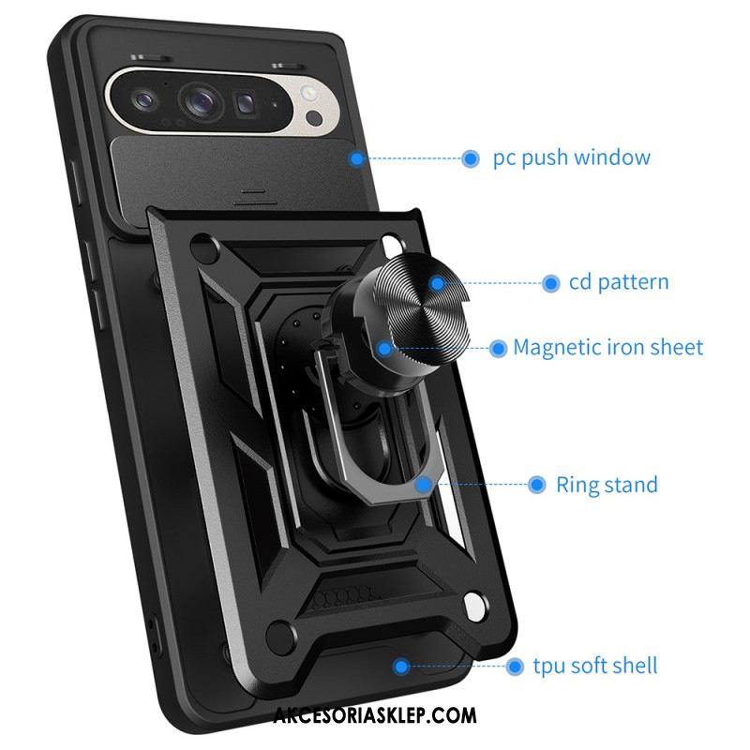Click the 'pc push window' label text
tap(572, 157)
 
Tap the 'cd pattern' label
tap(619, 282)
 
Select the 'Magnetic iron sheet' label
tap(607, 347)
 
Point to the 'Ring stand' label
tap(607, 485)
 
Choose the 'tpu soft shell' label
tap(595, 666)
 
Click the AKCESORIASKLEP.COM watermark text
tap(375, 715)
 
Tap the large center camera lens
tap(201, 102)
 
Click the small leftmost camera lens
tap(144, 100)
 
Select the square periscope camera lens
tap(245, 104)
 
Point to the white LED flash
tap(308, 94)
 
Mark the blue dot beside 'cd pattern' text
tap(550, 283)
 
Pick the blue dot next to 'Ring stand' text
tap(536, 485)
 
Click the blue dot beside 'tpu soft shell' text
tap(515, 666)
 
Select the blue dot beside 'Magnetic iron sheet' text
tap(498, 348)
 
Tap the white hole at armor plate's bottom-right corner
tap(474, 606)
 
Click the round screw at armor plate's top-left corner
tap(203, 247)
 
